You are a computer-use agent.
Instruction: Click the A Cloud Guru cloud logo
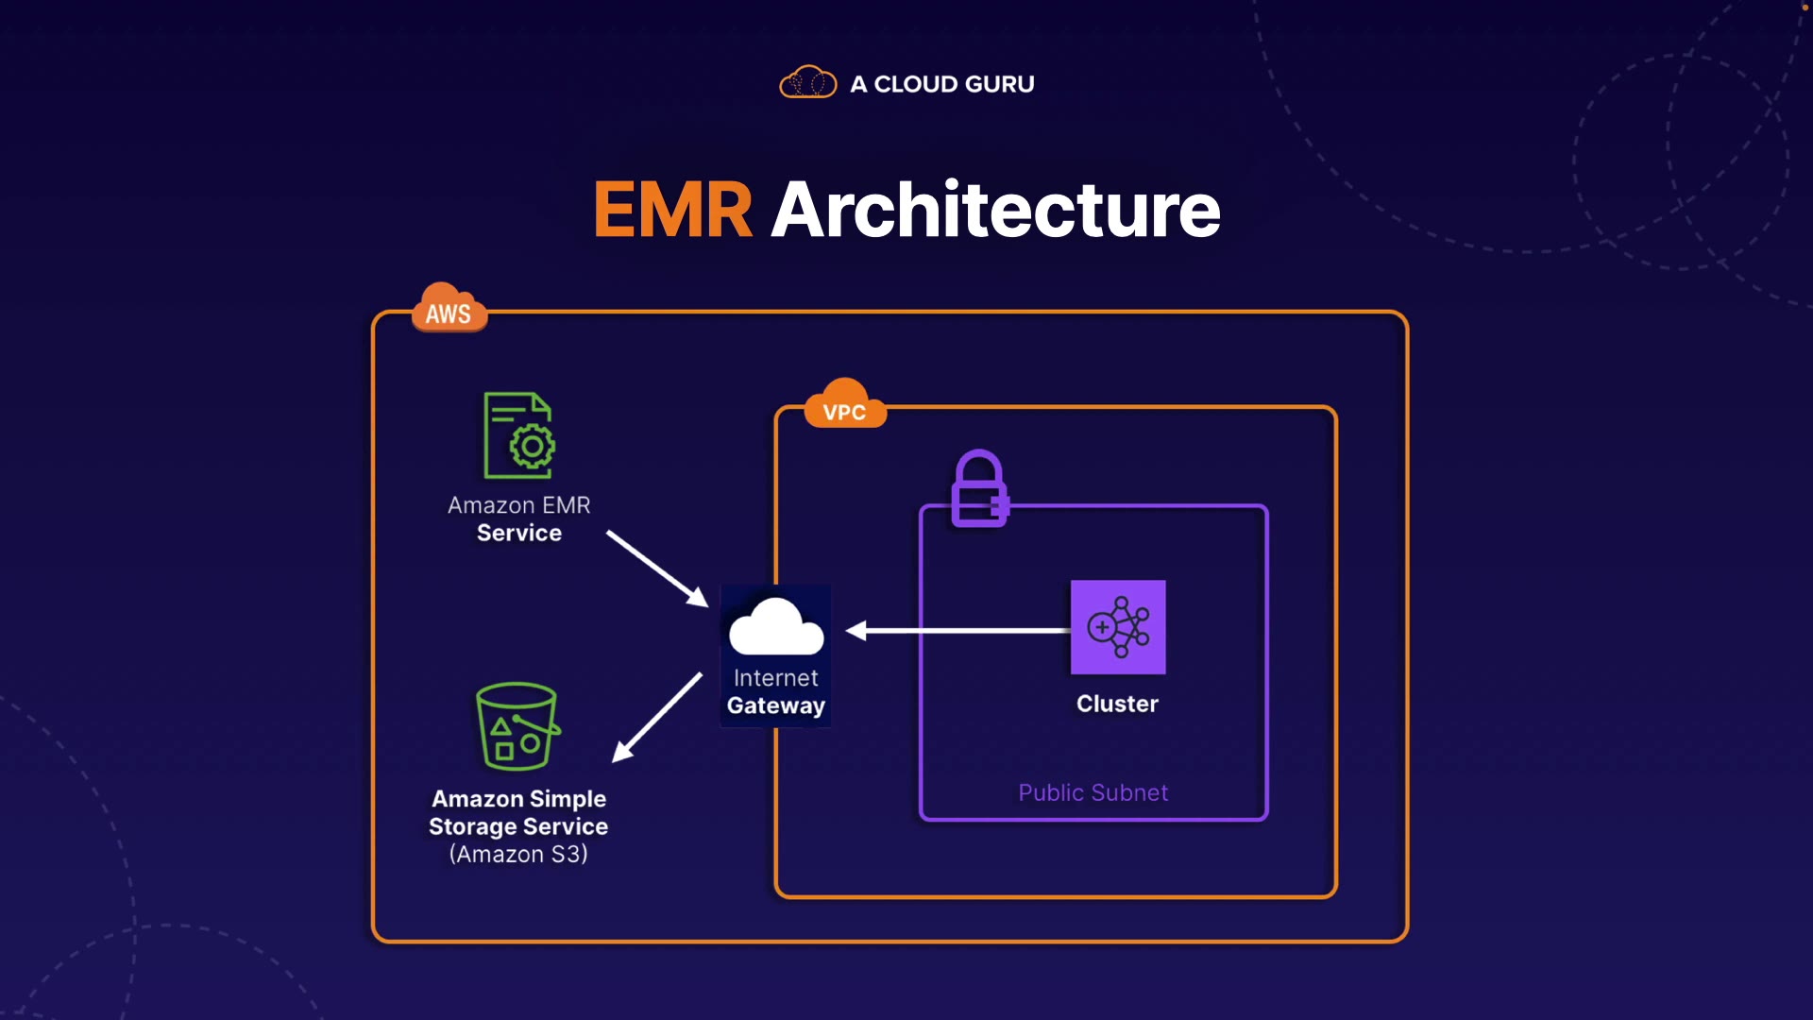[x=807, y=83]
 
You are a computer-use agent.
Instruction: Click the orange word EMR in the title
[x=672, y=210]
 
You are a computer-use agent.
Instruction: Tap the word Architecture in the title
[x=995, y=210]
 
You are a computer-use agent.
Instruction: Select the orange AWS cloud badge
[x=449, y=309]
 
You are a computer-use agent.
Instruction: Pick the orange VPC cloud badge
[x=844, y=406]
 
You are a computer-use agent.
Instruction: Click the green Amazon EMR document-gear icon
[x=518, y=435]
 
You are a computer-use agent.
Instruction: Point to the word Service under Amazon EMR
[x=518, y=534]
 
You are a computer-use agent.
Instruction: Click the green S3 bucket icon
[x=517, y=726]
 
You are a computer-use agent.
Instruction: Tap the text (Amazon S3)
[x=518, y=855]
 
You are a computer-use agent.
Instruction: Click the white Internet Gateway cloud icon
[x=776, y=627]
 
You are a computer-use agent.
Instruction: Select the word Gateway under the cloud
[x=776, y=706]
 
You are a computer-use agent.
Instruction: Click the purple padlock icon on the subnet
[x=979, y=488]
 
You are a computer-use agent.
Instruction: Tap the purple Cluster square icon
[x=1118, y=627]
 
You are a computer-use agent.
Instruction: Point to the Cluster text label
[x=1117, y=705]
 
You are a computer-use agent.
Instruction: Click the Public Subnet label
[x=1093, y=793]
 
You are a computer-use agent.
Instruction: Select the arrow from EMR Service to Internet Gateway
[x=657, y=569]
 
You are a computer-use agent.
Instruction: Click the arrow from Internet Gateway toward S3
[x=657, y=717]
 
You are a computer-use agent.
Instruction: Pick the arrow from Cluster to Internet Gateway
[x=957, y=630]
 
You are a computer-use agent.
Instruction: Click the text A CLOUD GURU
[x=941, y=84]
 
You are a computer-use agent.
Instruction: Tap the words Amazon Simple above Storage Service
[x=518, y=799]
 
